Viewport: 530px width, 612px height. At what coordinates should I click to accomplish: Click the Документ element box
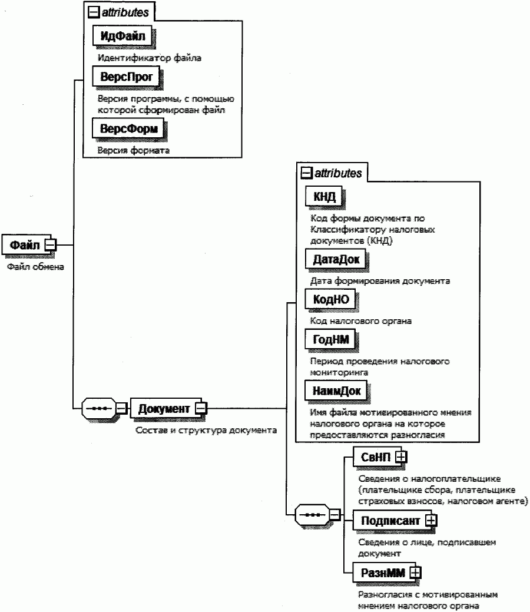click(164, 408)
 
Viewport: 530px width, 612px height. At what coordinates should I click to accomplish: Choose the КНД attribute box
click(324, 197)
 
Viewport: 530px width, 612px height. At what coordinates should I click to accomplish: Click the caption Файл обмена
click(35, 267)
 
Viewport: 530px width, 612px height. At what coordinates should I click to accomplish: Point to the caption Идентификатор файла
click(150, 58)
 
